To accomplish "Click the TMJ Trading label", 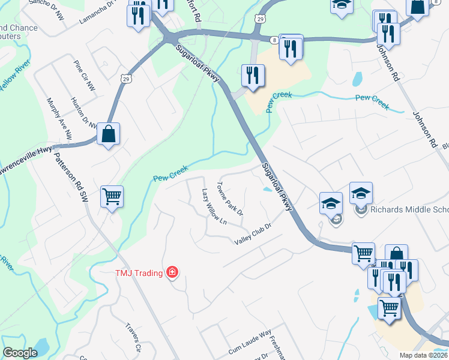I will [139, 274].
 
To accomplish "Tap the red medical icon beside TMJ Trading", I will [173, 273].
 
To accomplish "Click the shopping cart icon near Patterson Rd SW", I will [112, 196].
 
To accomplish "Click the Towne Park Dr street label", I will [230, 199].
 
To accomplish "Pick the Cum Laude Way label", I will [250, 342].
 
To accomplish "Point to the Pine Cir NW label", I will [84, 75].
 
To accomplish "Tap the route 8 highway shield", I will [274, 39].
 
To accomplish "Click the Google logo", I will [20, 353].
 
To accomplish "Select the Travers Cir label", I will [133, 337].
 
